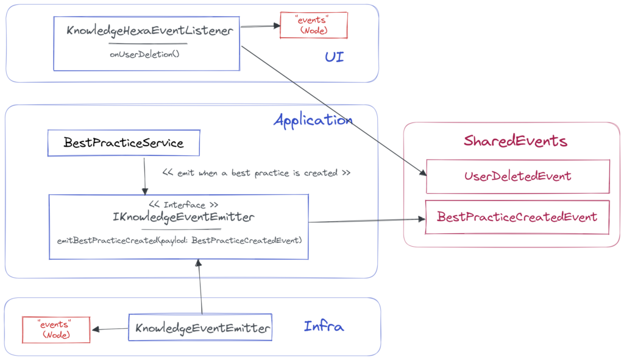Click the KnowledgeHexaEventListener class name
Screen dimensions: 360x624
click(149, 31)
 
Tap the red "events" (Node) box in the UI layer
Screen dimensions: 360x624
click(313, 25)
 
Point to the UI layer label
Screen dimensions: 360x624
click(334, 58)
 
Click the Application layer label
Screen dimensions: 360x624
click(313, 120)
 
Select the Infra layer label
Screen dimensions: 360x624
click(324, 327)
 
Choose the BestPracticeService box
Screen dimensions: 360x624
click(124, 143)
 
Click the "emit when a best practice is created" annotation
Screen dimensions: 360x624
click(256, 173)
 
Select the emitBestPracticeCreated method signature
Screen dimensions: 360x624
click(179, 240)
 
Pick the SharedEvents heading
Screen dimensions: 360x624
click(515, 141)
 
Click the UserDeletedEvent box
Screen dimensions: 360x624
click(517, 177)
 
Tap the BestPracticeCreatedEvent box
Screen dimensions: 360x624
click(517, 217)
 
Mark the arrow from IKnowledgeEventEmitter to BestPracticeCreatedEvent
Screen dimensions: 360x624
click(366, 220)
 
